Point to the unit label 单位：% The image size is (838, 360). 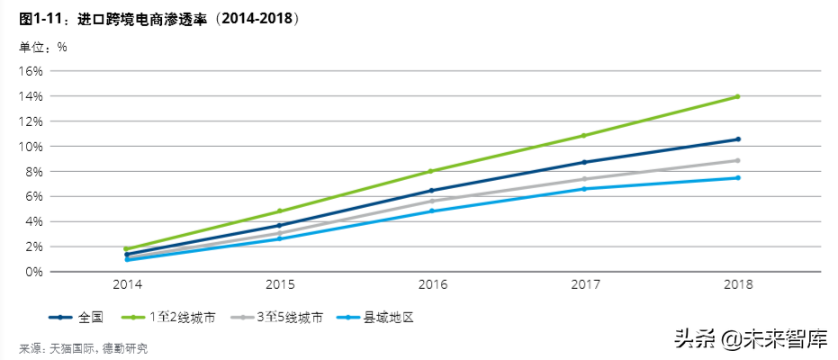click(43, 46)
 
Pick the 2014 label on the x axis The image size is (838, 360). click(127, 284)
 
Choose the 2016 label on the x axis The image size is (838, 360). click(432, 284)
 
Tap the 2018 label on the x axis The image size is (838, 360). click(737, 284)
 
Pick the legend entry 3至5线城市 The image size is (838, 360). click(289, 317)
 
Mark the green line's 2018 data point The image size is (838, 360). click(737, 96)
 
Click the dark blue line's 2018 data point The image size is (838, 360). click(737, 139)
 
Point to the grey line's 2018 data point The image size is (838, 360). click(737, 160)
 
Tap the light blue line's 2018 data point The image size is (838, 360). click(737, 177)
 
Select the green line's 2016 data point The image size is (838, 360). click(432, 171)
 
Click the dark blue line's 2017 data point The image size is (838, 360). click(584, 162)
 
